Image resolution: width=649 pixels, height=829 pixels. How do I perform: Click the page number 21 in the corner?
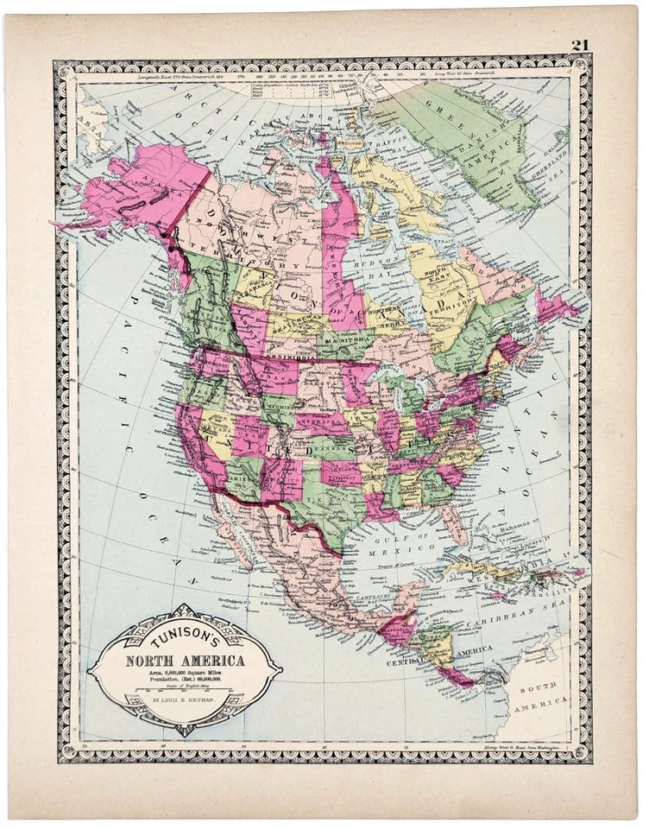579,45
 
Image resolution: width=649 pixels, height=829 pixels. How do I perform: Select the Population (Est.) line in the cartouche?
185,680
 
